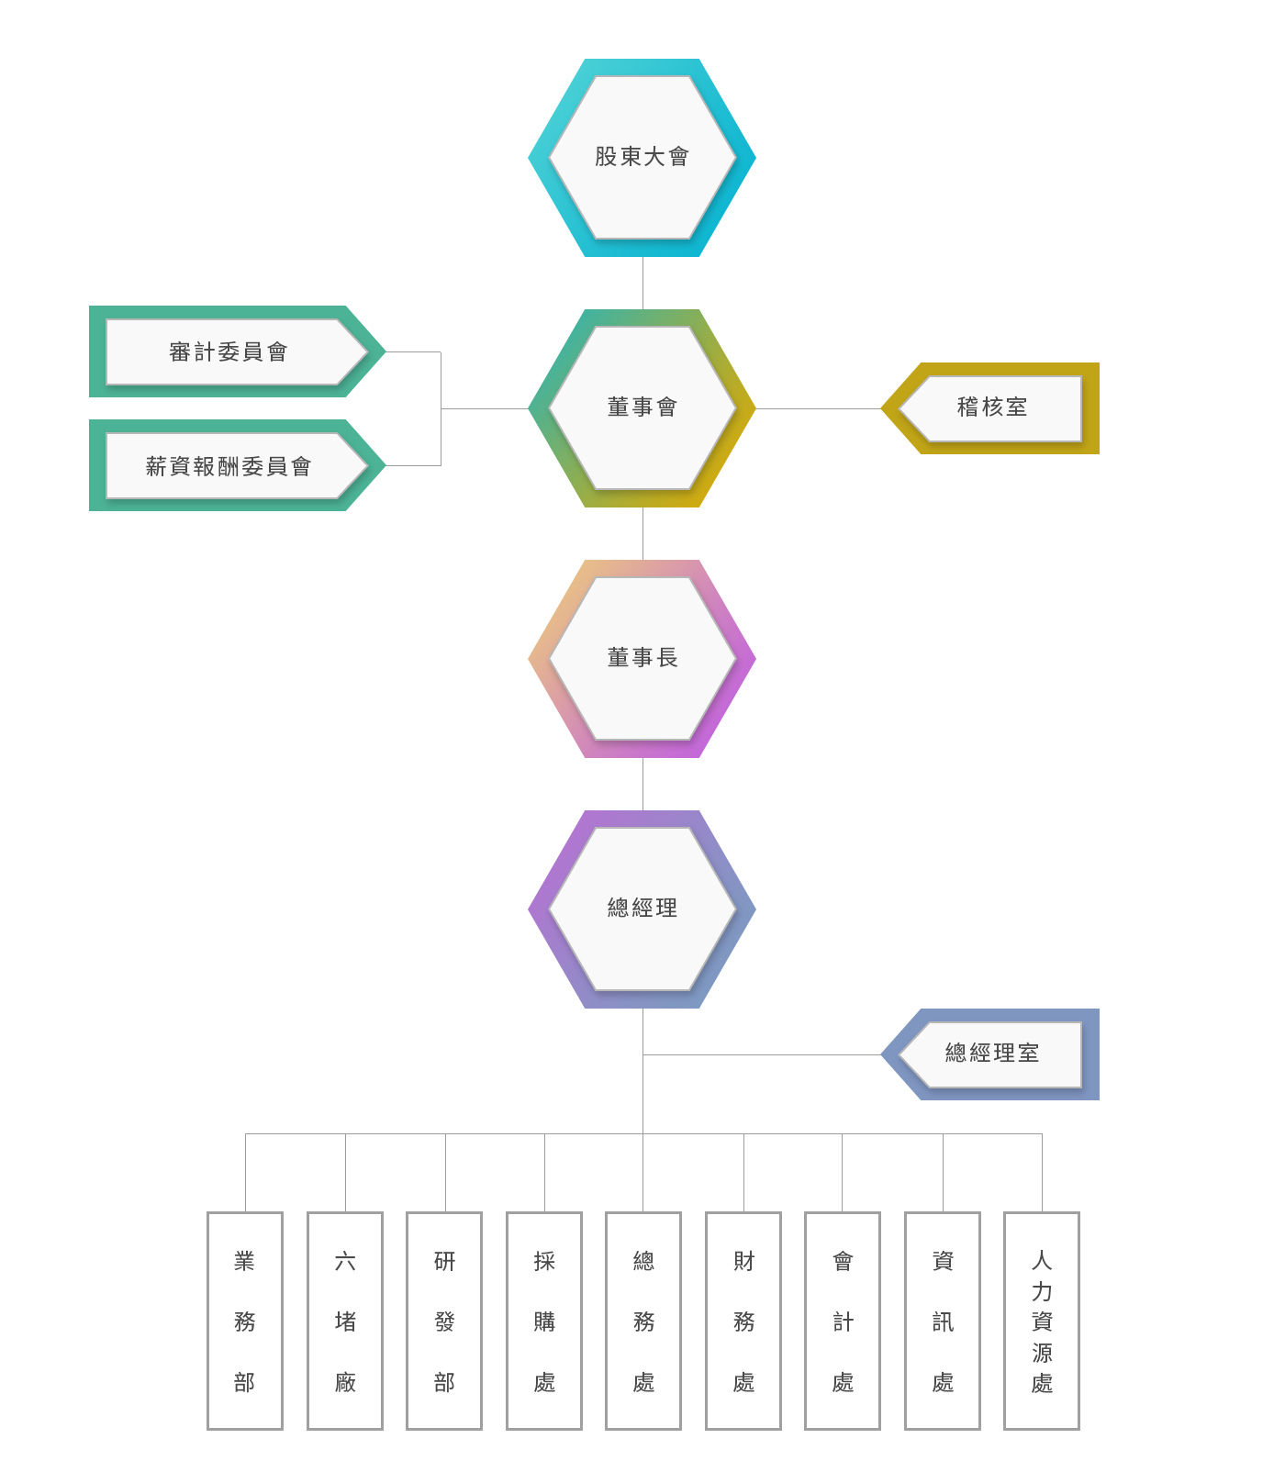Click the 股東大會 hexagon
(642, 157)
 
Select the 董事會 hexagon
(642, 407)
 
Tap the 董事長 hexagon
(642, 658)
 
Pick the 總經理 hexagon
(642, 909)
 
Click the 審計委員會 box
(229, 351)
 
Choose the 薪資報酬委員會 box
(229, 466)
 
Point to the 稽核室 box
(992, 407)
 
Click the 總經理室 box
(992, 1054)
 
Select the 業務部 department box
(245, 1321)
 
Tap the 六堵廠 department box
(345, 1321)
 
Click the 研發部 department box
(444, 1321)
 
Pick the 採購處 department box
(544, 1321)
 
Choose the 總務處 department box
(643, 1321)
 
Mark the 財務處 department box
(743, 1321)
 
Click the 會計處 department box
(843, 1321)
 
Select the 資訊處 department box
(943, 1321)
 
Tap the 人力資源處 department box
(1042, 1321)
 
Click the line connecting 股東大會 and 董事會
(642, 283)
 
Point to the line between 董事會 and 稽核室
(817, 408)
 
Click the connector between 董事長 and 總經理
(642, 784)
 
